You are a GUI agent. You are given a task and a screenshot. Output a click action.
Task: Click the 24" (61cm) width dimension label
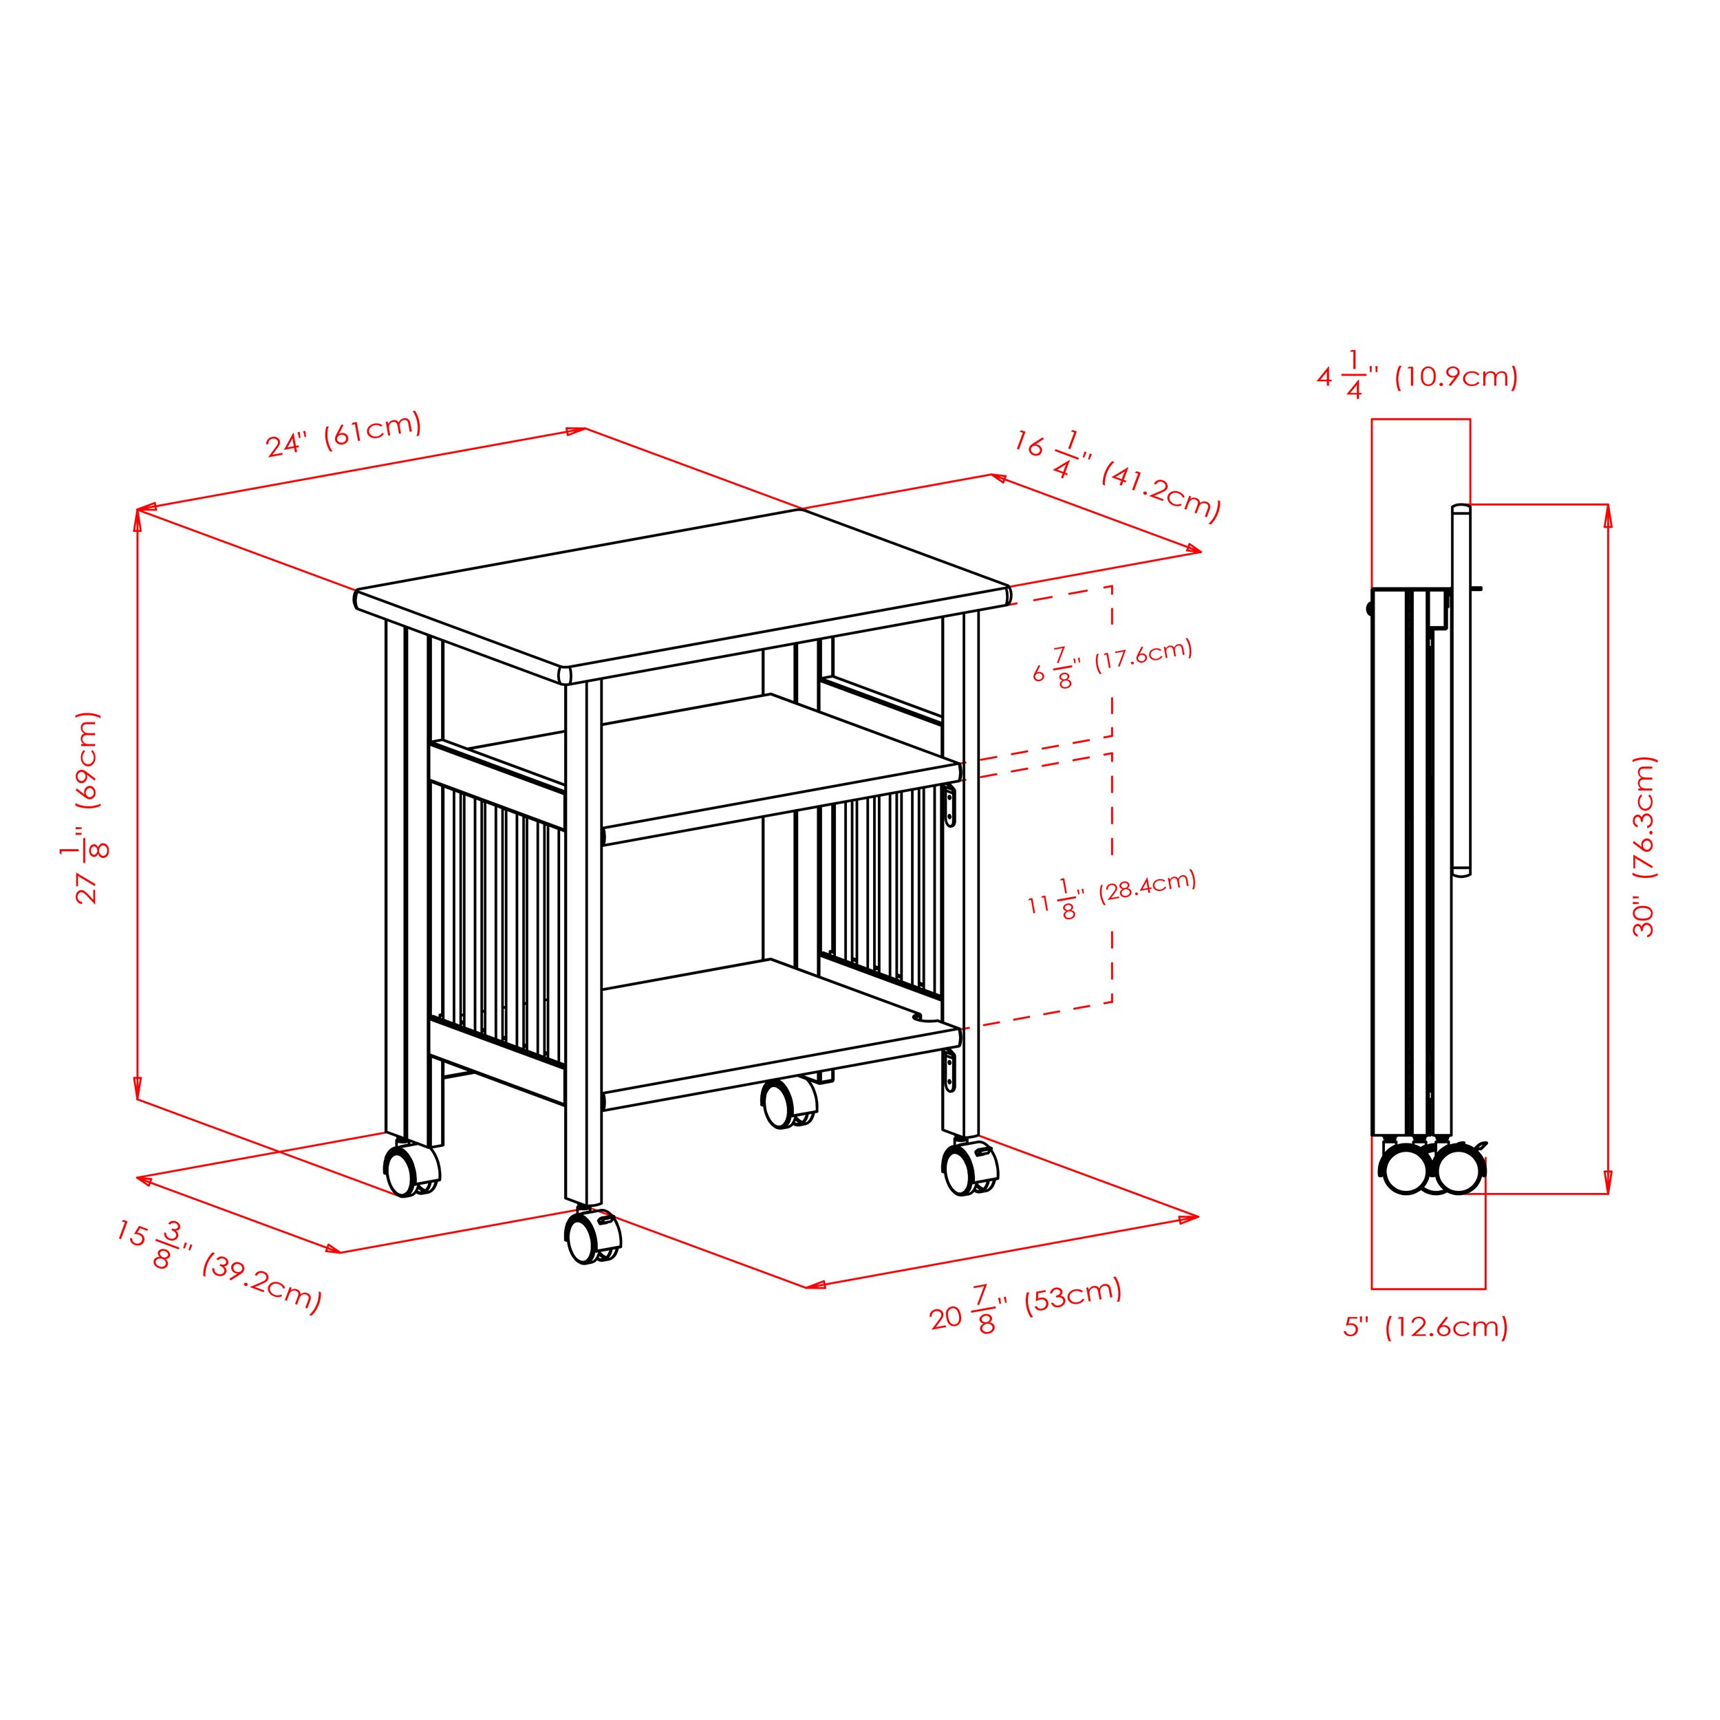(343, 434)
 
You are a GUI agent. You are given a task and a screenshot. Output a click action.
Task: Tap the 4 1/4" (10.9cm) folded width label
(1417, 376)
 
